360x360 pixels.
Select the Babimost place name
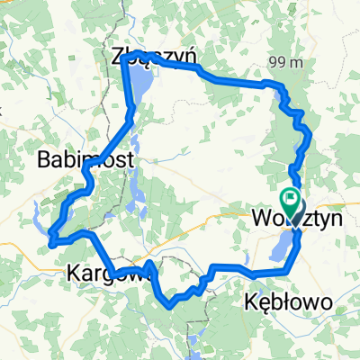point(86,160)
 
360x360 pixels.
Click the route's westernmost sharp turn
point(52,240)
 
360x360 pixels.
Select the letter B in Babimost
point(44,160)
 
